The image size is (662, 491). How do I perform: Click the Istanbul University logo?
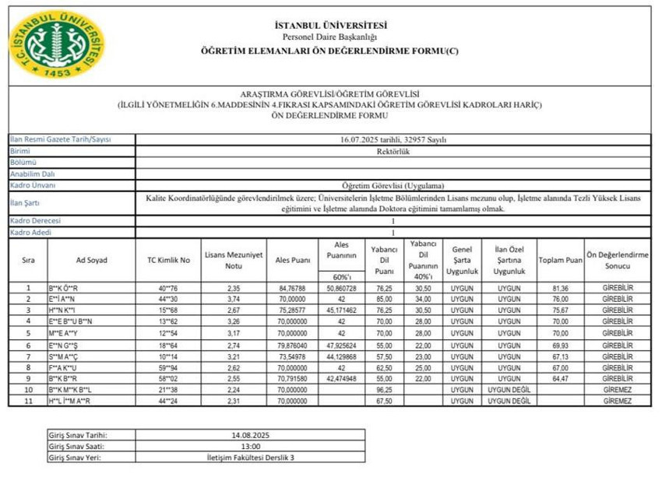pos(57,44)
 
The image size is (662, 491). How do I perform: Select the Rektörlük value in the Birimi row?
pos(393,151)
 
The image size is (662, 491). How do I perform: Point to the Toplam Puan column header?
pos(561,259)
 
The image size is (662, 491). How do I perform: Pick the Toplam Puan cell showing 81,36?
pos(561,288)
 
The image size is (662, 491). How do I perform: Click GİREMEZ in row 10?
pos(618,389)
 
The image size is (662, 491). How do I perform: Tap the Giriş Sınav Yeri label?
pos(75,458)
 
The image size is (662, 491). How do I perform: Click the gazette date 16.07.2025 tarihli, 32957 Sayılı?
pos(393,139)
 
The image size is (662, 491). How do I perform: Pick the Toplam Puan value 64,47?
pos(561,378)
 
